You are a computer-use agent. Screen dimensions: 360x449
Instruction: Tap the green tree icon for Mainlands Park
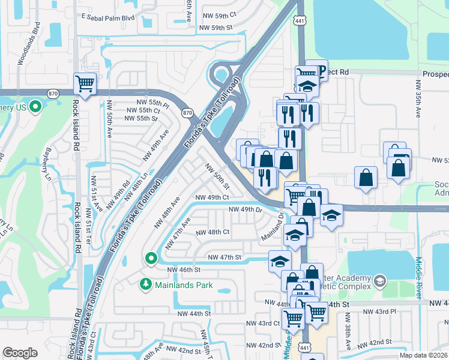(145, 283)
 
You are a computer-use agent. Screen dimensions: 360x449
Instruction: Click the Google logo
(20, 352)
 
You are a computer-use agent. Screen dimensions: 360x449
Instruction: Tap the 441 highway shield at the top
(300, 20)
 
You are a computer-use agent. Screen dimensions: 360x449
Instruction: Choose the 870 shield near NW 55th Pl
(187, 112)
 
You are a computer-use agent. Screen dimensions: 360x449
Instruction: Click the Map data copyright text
(423, 355)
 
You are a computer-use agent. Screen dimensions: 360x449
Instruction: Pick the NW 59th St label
(215, 28)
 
